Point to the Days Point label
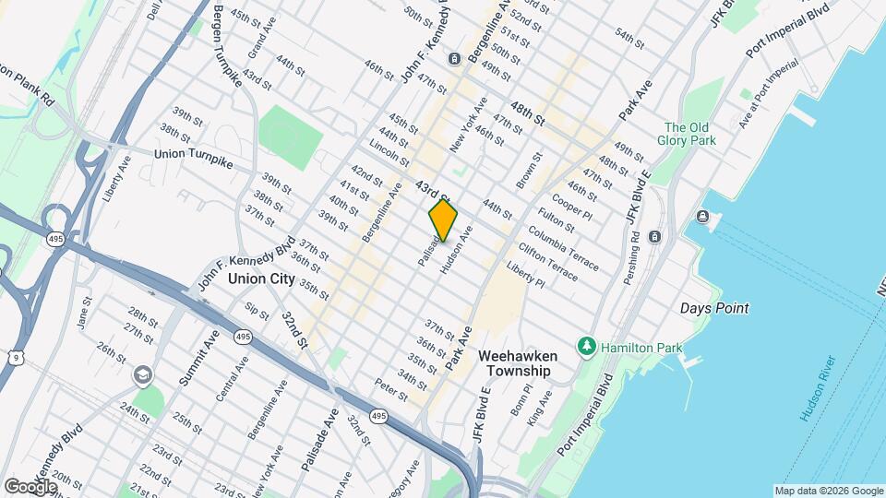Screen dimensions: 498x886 714,308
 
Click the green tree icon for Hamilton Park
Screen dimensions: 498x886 585,347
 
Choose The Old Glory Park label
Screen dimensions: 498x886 688,135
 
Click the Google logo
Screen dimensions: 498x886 30,486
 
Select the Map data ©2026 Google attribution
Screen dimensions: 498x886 828,491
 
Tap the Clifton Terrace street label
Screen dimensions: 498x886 548,261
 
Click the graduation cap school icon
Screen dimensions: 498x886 142,375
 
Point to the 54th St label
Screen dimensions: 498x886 629,38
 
